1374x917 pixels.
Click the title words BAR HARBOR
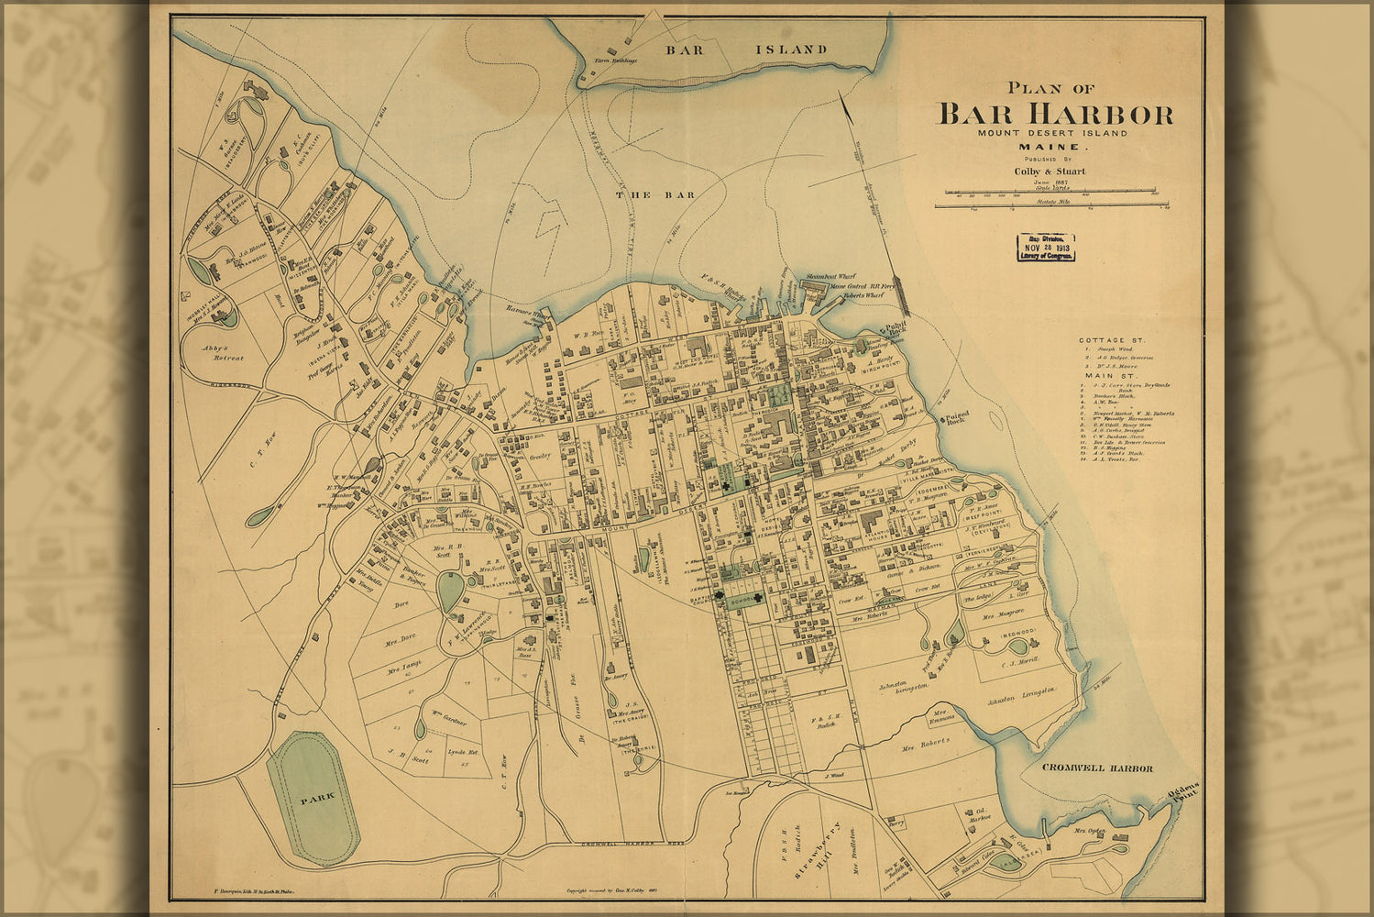coord(1054,115)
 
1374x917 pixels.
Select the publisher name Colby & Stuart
coord(1050,171)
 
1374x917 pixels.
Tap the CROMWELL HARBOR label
coord(1096,768)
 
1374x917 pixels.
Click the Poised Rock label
coord(958,417)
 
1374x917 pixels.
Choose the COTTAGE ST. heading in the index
coord(1112,340)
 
